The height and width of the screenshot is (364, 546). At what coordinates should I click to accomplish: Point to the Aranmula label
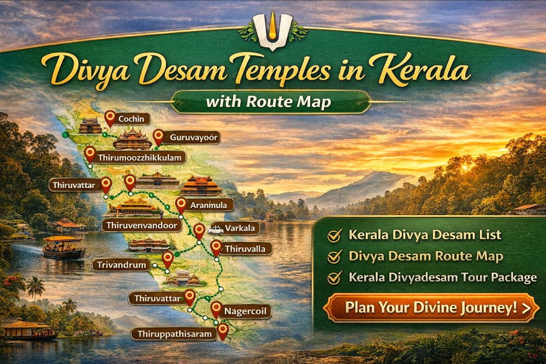210,205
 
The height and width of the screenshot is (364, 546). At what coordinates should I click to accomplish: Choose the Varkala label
242,229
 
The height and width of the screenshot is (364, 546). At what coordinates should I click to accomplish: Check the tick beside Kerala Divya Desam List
333,236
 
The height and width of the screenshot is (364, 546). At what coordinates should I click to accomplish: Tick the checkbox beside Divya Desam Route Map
333,257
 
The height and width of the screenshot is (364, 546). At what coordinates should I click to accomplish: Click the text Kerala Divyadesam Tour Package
443,278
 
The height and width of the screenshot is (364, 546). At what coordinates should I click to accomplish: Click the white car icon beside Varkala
215,230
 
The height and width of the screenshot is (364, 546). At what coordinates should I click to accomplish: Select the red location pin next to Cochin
110,117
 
